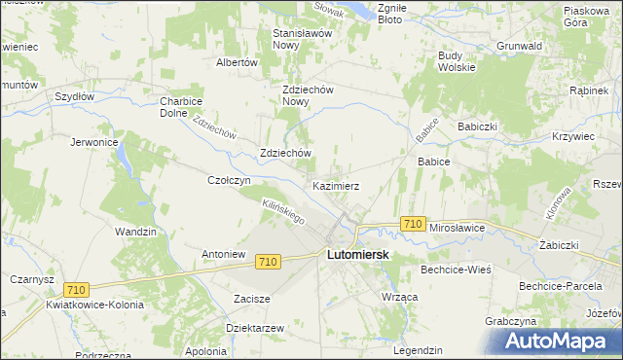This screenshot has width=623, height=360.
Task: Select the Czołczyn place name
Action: (x=230, y=180)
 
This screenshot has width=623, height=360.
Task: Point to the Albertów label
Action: (x=236, y=61)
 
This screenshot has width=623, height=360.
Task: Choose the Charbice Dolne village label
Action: (x=180, y=105)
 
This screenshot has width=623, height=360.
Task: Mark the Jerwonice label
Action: (x=94, y=142)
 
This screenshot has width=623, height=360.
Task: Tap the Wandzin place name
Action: (x=135, y=232)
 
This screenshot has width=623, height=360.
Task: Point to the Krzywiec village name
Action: (x=573, y=136)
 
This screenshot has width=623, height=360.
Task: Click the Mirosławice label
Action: (x=458, y=227)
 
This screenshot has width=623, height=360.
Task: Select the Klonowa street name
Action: (x=558, y=201)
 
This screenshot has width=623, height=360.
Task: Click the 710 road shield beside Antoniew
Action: (x=270, y=262)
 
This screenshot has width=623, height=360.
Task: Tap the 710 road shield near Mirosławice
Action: (x=412, y=224)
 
